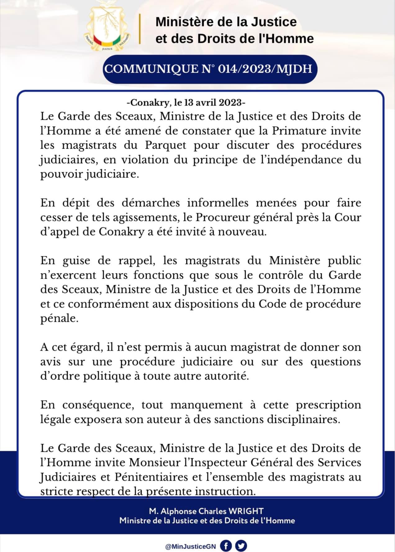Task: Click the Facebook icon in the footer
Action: coord(226,546)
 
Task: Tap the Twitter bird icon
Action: coord(241,546)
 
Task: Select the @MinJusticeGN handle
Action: coord(191,546)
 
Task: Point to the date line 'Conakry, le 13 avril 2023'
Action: coord(186,102)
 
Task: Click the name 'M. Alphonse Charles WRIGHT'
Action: coord(206,511)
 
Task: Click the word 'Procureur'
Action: coord(222,217)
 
